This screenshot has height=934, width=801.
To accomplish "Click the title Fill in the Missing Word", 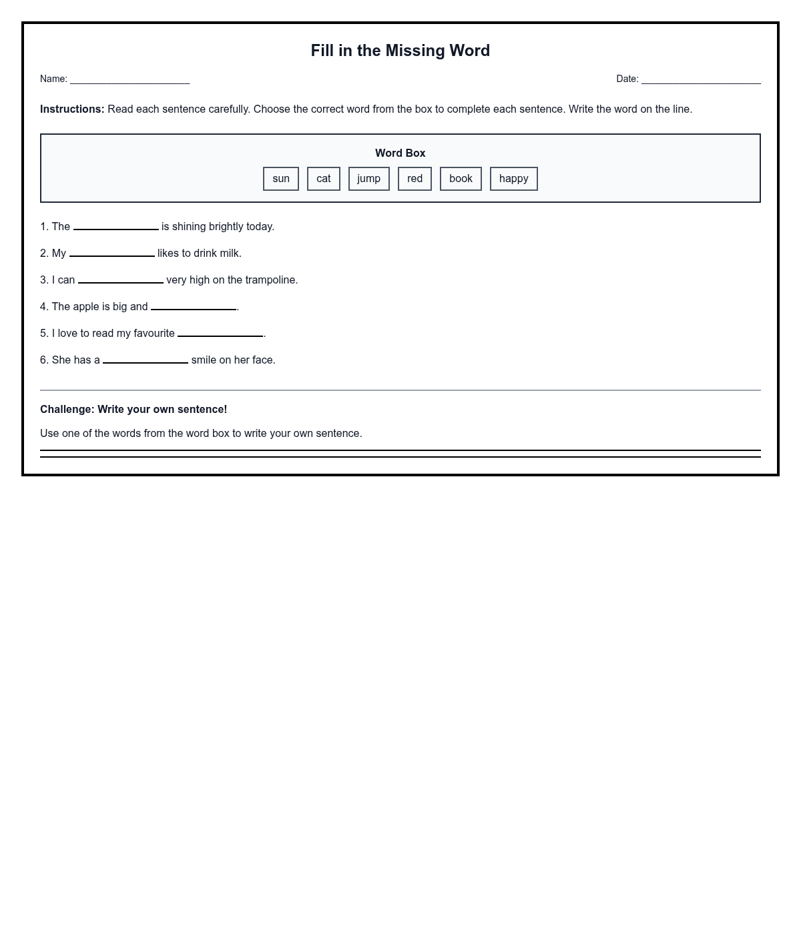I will (x=400, y=51).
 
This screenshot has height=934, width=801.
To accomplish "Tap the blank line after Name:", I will (x=129, y=80).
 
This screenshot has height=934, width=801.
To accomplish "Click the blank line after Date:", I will (x=701, y=80).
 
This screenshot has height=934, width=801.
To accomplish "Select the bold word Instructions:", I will (x=72, y=109).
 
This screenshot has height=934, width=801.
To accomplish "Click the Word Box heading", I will (x=400, y=153).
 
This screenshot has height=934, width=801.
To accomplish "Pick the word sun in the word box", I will (x=281, y=179).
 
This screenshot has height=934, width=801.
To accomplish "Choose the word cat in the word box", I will (x=324, y=179).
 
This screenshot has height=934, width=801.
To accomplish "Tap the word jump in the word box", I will (x=368, y=179).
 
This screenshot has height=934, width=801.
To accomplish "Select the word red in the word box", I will (x=415, y=179).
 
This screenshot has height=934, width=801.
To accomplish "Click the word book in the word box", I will (x=461, y=179).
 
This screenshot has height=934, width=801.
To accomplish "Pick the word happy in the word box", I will (x=513, y=179).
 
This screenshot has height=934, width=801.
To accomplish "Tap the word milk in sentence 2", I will (x=229, y=254).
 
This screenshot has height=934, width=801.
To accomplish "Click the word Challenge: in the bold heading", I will (x=67, y=410).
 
